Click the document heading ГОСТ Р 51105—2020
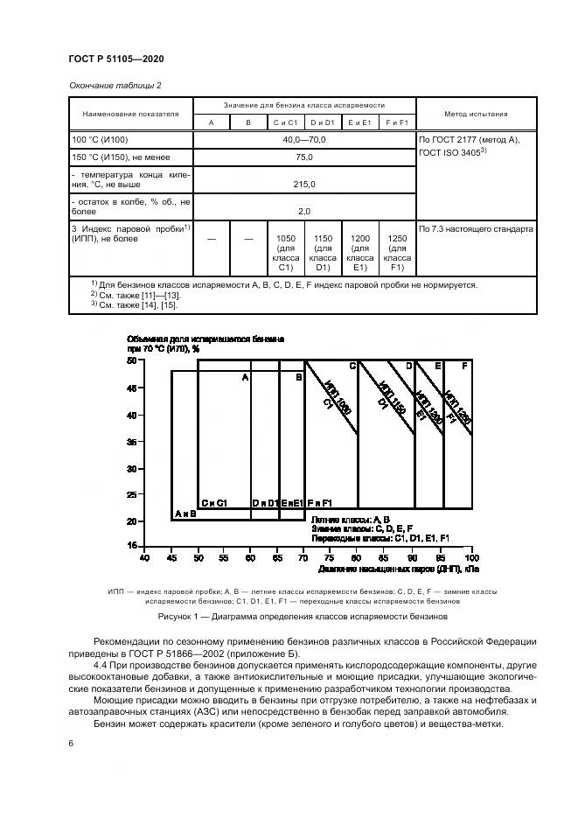(116, 58)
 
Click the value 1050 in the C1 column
(286, 238)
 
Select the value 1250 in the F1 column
(397, 238)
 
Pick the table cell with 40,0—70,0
(303, 140)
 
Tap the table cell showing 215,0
(304, 185)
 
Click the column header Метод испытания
(476, 114)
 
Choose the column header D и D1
(323, 123)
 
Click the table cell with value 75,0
(303, 157)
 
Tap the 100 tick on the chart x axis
(471, 556)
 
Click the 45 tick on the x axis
(171, 556)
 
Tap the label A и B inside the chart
(185, 514)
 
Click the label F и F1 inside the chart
(320, 503)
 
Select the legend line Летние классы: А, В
(351, 520)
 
